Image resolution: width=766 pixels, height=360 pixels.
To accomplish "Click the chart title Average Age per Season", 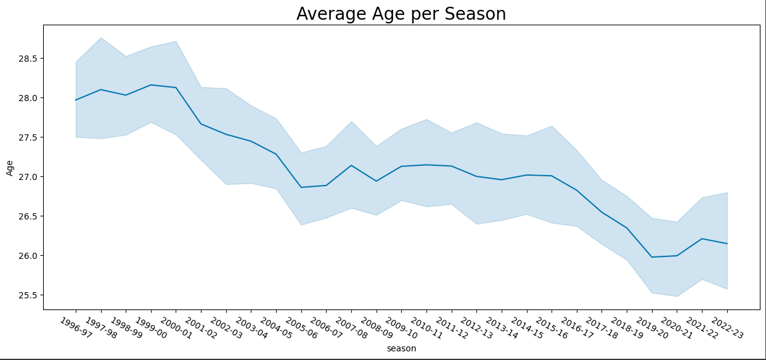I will (x=401, y=14).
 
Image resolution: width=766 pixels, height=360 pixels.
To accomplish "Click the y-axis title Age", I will (x=10, y=168).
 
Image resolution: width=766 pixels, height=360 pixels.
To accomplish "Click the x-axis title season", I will (x=401, y=348).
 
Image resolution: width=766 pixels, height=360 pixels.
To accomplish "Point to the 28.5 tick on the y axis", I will (x=28, y=59).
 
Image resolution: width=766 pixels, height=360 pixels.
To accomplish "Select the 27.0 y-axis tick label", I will (x=28, y=177).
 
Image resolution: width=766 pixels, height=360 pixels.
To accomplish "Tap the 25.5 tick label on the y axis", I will (x=28, y=295).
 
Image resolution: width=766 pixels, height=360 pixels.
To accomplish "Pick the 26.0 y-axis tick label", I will (x=28, y=256).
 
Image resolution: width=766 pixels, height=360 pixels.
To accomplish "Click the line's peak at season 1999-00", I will (x=151, y=85).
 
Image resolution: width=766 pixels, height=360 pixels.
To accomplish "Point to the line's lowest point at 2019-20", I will (x=652, y=257).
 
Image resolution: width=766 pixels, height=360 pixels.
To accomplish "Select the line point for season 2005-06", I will (x=301, y=187).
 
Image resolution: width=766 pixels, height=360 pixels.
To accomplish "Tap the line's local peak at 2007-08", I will (x=351, y=165).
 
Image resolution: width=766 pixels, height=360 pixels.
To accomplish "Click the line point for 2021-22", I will (x=702, y=239).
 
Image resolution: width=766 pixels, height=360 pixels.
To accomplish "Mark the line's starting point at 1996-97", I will (x=76, y=100).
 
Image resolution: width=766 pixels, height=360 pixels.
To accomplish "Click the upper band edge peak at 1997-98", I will (x=101, y=38).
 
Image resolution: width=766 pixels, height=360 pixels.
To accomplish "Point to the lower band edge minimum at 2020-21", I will (x=677, y=297).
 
